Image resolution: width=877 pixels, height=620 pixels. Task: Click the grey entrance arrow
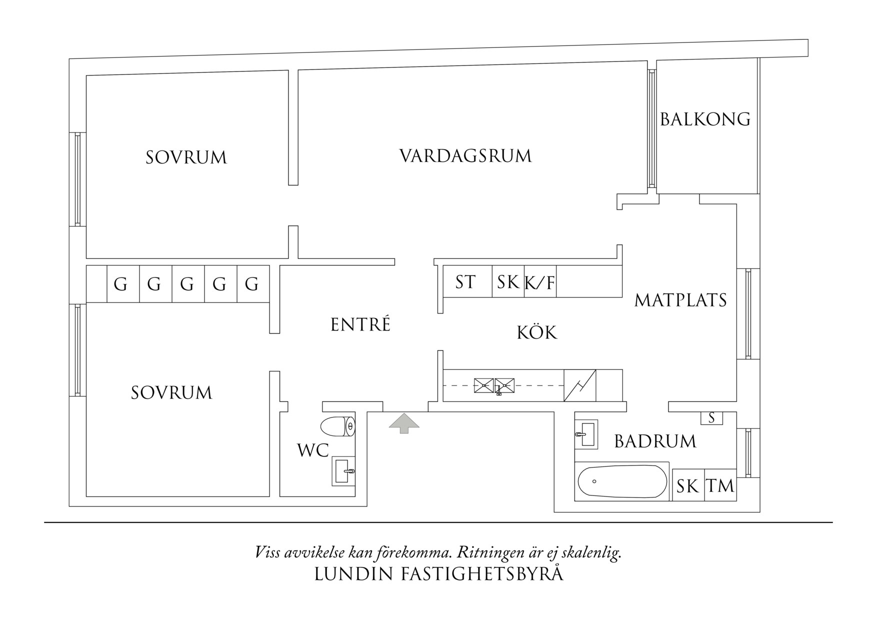pyautogui.click(x=404, y=422)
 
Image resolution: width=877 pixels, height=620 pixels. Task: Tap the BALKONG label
pyautogui.click(x=705, y=119)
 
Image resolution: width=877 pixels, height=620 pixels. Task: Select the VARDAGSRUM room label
pyautogui.click(x=465, y=156)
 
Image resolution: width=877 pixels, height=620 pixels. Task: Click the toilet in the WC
pyautogui.click(x=337, y=426)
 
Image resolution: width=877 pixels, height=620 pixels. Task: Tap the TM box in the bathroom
pyautogui.click(x=720, y=485)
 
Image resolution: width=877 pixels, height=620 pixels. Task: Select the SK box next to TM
pyautogui.click(x=687, y=485)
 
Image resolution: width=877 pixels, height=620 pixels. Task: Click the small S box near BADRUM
pyautogui.click(x=711, y=418)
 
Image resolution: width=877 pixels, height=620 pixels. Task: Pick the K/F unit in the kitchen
pyautogui.click(x=540, y=282)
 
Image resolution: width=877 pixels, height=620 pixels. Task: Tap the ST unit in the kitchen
pyautogui.click(x=465, y=282)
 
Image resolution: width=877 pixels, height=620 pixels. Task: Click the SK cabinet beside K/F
pyautogui.click(x=508, y=282)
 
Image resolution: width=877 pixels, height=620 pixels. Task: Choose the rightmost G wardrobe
pyautogui.click(x=252, y=284)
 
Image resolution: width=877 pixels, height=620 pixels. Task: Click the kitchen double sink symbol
pyautogui.click(x=494, y=385)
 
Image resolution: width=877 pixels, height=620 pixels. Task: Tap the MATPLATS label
pyautogui.click(x=680, y=300)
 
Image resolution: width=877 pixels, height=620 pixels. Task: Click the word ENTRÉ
pyautogui.click(x=360, y=325)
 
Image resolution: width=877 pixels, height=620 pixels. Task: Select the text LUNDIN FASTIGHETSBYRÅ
pyautogui.click(x=438, y=574)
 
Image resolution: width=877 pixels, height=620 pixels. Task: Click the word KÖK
pyautogui.click(x=536, y=332)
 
